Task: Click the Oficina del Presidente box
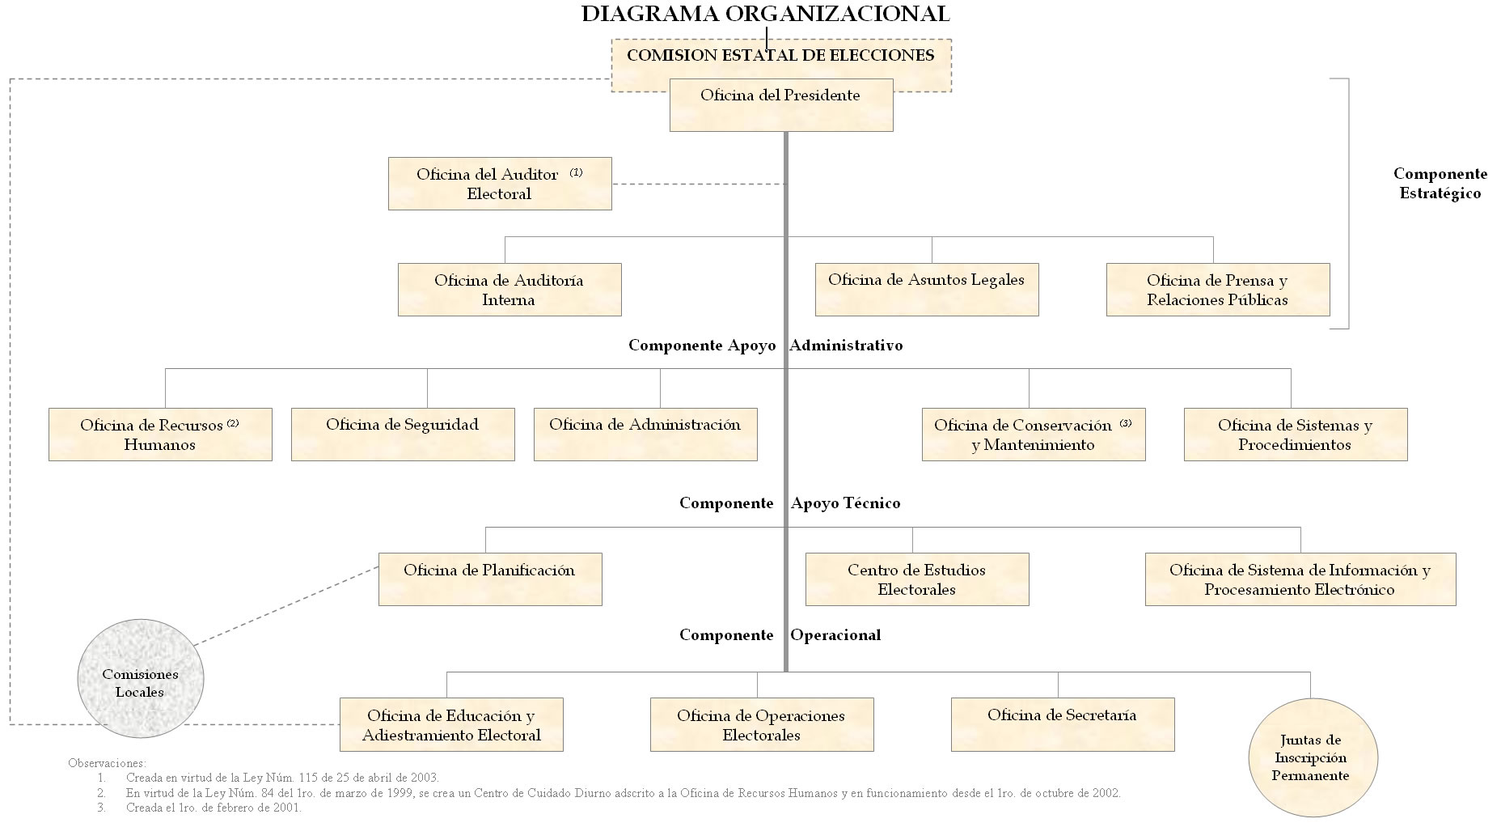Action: pos(781,104)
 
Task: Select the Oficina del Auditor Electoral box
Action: pos(500,184)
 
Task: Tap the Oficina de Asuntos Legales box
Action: pos(927,289)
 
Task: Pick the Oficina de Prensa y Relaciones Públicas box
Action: pos(1218,289)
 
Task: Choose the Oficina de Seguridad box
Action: pos(403,435)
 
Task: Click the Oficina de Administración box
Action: pos(645,435)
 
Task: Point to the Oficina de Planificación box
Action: pos(490,579)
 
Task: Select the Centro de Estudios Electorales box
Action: pos(917,579)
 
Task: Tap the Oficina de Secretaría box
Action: pos(1063,724)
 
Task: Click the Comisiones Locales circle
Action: pos(140,679)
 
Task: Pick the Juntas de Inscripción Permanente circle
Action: pos(1311,757)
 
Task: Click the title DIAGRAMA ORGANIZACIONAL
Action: pos(765,14)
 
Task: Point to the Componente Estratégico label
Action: pos(1440,184)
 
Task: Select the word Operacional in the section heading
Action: pos(835,635)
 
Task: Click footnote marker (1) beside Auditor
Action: pos(576,172)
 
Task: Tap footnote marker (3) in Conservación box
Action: pos(1126,423)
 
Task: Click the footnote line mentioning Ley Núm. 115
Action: pos(282,778)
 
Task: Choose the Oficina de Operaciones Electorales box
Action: pos(762,724)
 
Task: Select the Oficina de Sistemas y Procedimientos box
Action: pos(1296,435)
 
